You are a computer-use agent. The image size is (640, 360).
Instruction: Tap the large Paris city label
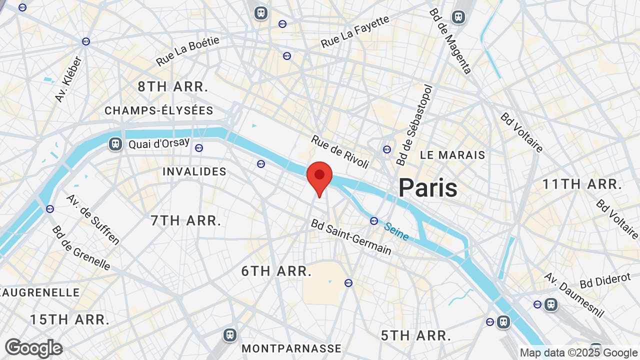(x=427, y=188)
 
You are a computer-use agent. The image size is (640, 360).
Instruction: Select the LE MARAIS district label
(x=452, y=155)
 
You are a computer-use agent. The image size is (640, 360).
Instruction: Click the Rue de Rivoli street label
(x=340, y=151)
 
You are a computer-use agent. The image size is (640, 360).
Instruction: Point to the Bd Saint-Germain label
(x=351, y=237)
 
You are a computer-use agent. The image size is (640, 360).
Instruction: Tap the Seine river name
(x=396, y=231)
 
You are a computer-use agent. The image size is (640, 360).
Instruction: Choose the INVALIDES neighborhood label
(x=194, y=171)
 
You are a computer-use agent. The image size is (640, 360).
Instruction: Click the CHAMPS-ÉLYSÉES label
(x=159, y=110)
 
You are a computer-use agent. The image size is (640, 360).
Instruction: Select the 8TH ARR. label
(x=172, y=86)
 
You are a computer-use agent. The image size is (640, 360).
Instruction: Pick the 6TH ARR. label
(x=276, y=271)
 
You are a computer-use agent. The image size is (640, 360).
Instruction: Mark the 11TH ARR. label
(x=582, y=184)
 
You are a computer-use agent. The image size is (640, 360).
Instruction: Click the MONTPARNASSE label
(x=291, y=348)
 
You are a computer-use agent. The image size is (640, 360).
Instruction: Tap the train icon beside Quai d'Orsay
(x=115, y=144)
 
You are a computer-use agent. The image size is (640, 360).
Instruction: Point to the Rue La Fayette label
(x=355, y=32)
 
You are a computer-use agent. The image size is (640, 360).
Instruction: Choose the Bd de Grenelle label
(x=81, y=247)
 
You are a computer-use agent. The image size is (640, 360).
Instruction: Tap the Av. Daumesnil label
(x=574, y=295)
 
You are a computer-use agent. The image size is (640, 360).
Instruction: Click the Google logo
(x=33, y=348)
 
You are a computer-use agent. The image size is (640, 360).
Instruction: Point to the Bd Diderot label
(x=605, y=280)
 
